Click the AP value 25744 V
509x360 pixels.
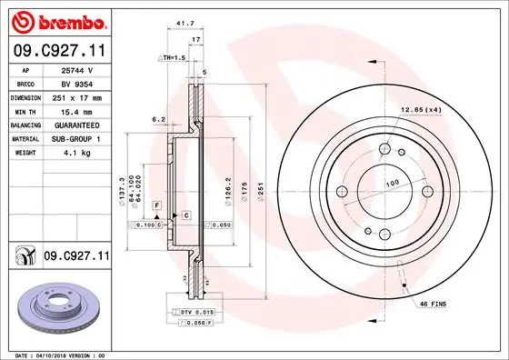(x=76, y=69)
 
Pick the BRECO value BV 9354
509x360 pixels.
(x=76, y=83)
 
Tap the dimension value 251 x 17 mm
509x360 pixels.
(x=76, y=96)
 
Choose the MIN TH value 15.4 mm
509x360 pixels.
(x=76, y=110)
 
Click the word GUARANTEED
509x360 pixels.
(x=76, y=124)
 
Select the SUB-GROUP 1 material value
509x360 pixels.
(x=76, y=137)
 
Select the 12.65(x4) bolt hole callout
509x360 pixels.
(x=420, y=109)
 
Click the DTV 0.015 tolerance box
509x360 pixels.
(x=197, y=311)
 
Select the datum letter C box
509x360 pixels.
(x=185, y=215)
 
